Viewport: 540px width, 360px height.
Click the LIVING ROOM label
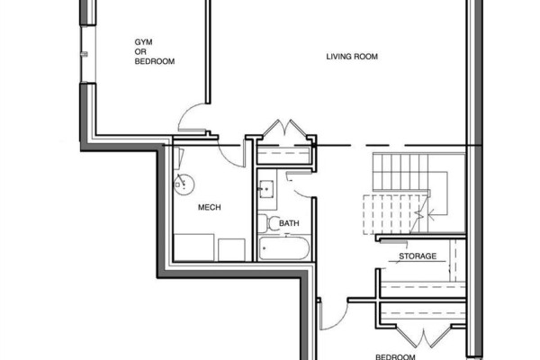click(x=352, y=57)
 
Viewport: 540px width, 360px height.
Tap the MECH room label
click(x=210, y=207)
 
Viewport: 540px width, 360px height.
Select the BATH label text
click(x=289, y=223)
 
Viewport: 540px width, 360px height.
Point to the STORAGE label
click(x=418, y=256)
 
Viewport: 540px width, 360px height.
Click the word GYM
click(x=143, y=42)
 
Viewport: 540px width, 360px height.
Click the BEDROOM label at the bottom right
click(x=395, y=357)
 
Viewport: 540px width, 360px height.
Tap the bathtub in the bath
click(x=283, y=248)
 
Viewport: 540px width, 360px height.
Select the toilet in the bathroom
click(x=268, y=223)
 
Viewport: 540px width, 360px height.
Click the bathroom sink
click(x=266, y=189)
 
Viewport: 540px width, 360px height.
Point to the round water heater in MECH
click(x=184, y=184)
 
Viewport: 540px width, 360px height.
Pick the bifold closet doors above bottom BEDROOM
click(x=423, y=337)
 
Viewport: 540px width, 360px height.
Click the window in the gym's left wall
click(x=88, y=54)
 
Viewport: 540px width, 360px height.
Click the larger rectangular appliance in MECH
click(x=193, y=247)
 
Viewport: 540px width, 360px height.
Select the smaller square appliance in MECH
click(x=232, y=250)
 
